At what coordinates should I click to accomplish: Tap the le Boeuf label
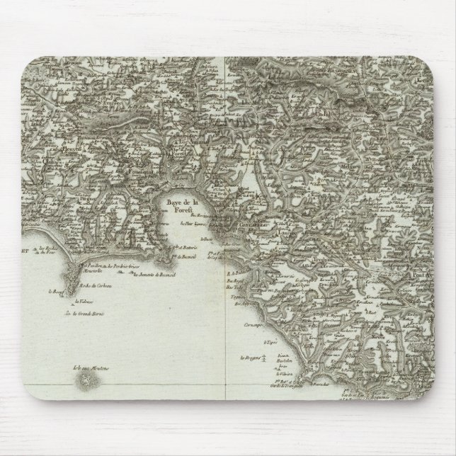(x=56, y=290)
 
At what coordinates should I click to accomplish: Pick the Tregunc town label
(x=316, y=260)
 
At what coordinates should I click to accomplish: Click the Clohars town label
(x=32, y=160)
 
